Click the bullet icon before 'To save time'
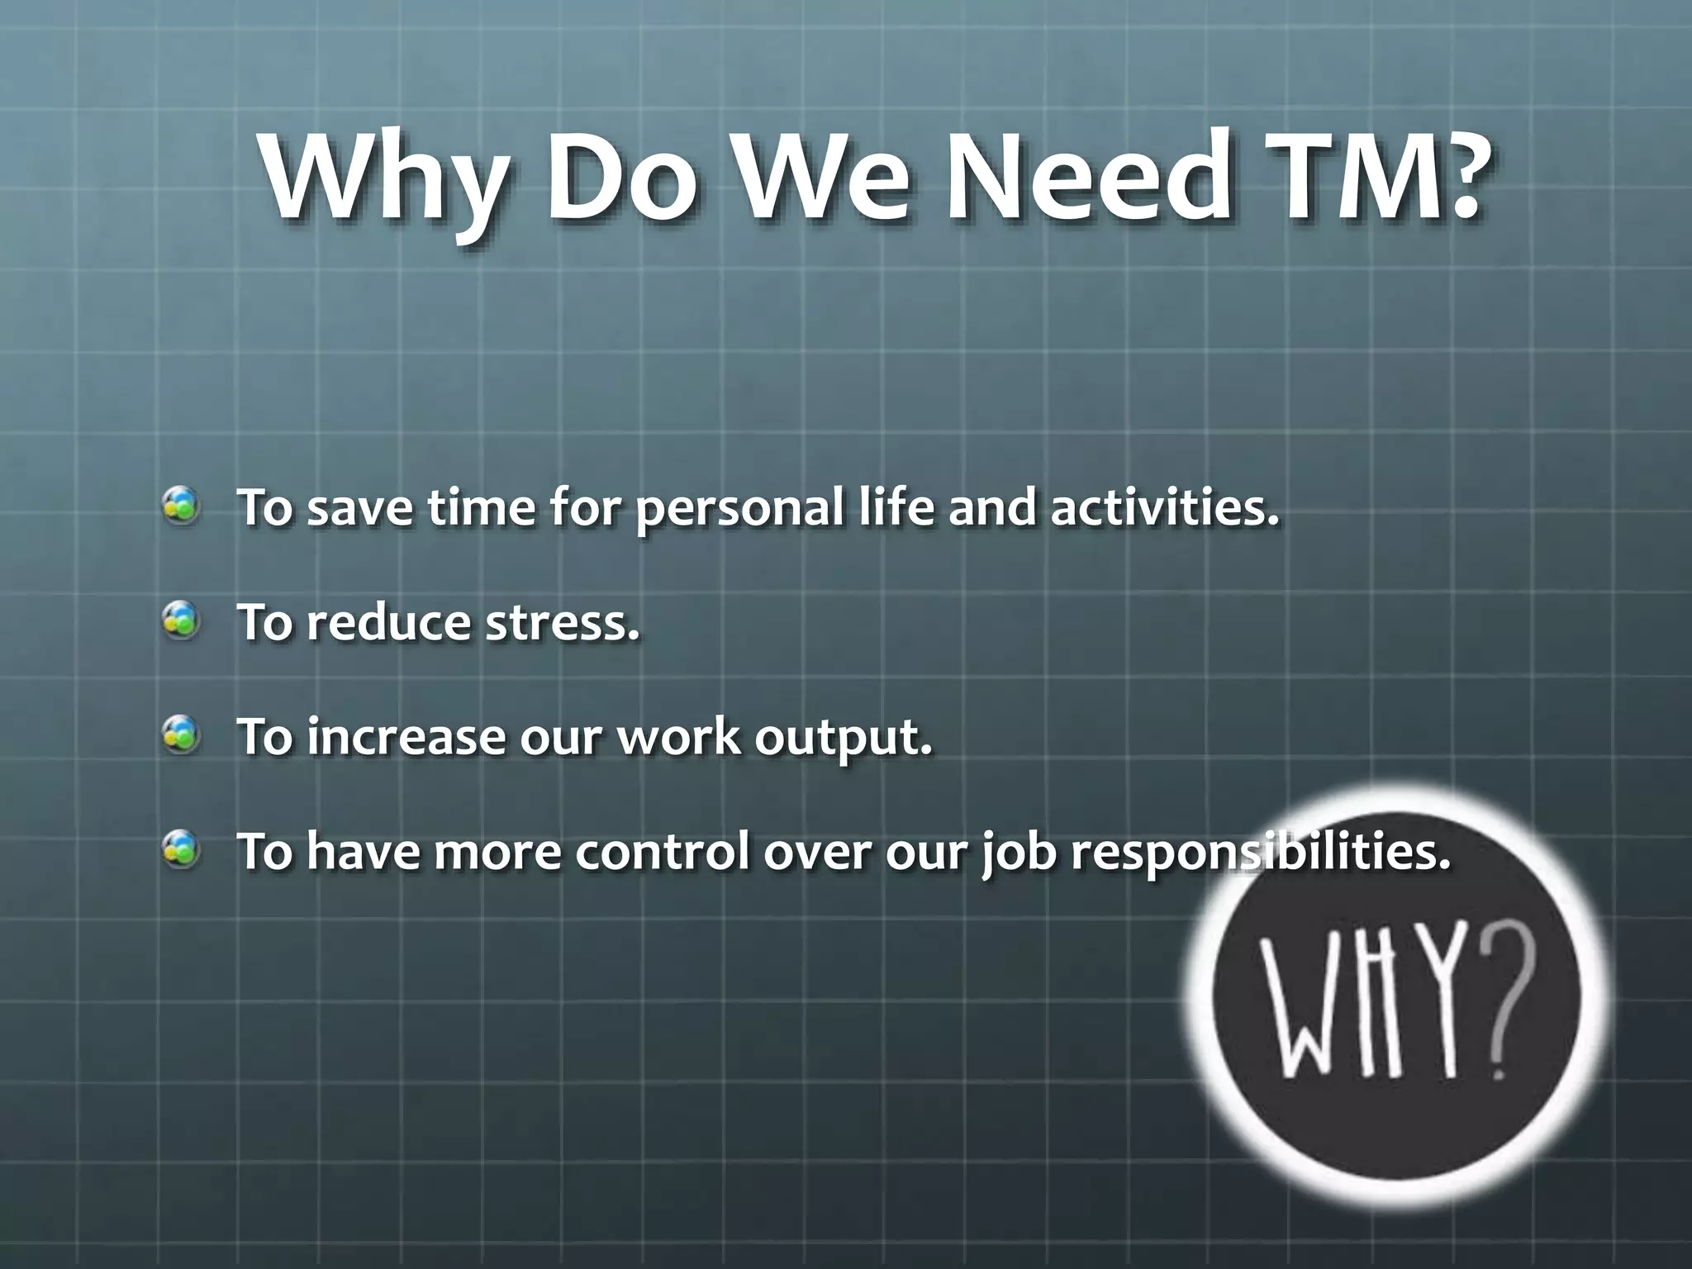click(x=180, y=506)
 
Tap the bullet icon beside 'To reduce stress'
click(x=180, y=620)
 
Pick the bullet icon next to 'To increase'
click(x=180, y=735)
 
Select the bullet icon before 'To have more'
click(x=180, y=850)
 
